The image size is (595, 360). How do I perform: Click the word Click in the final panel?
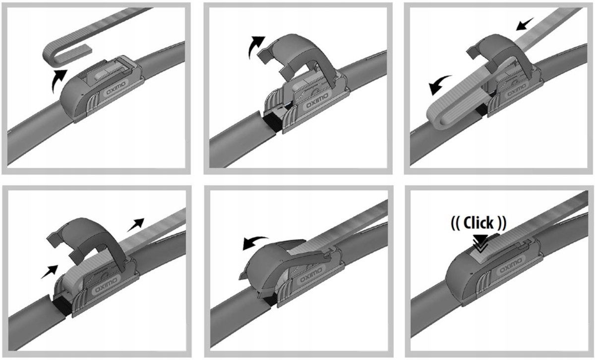coord(478,223)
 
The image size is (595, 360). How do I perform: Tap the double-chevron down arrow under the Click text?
coord(480,243)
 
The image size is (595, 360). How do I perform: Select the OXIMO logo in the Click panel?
coord(511,266)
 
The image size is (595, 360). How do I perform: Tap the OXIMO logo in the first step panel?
coord(116,89)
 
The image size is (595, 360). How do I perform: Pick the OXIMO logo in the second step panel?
coord(317,101)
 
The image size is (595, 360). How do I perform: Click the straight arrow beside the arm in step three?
coord(525,24)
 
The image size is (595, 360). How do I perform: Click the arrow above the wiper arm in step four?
coord(136,225)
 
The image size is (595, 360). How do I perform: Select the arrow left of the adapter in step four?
coord(50,272)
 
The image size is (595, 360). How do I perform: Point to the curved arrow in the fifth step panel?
coord(254,242)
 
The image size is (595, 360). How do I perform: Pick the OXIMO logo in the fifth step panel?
coord(311,276)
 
